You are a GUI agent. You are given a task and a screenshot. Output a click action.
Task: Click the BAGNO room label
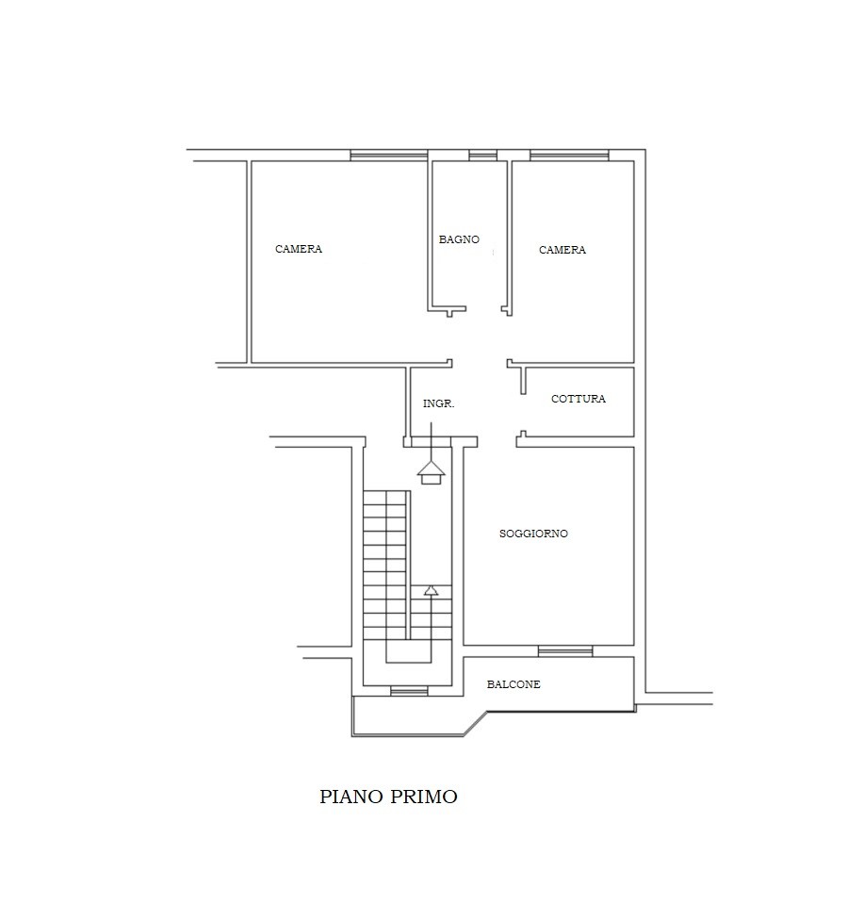click(459, 239)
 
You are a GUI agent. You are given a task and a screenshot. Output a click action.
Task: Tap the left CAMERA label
click(299, 249)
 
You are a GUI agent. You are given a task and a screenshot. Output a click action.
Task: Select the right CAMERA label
click(563, 250)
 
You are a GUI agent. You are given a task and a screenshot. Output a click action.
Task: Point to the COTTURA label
click(578, 399)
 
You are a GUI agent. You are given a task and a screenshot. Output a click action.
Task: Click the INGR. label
click(438, 403)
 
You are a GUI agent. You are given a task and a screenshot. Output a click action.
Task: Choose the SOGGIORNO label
click(533, 534)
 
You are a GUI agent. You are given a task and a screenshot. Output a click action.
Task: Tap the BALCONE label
click(514, 684)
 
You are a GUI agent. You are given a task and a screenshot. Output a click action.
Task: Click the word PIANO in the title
click(351, 797)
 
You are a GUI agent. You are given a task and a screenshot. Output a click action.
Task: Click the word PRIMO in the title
click(424, 797)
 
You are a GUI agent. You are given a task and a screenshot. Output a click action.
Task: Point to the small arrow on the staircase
click(431, 590)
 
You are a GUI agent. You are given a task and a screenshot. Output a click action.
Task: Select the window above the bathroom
click(482, 156)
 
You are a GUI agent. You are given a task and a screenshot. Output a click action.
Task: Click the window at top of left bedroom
click(389, 156)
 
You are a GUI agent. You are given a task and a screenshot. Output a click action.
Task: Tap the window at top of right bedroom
click(569, 156)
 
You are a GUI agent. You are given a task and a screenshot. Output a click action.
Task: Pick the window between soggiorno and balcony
click(565, 651)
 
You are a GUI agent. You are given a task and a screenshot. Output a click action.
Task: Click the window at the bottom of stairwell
click(409, 691)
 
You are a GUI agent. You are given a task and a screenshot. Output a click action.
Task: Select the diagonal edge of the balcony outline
click(477, 724)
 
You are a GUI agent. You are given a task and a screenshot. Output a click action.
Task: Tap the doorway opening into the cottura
click(523, 413)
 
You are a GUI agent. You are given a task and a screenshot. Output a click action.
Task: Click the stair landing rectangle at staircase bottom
click(409, 651)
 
